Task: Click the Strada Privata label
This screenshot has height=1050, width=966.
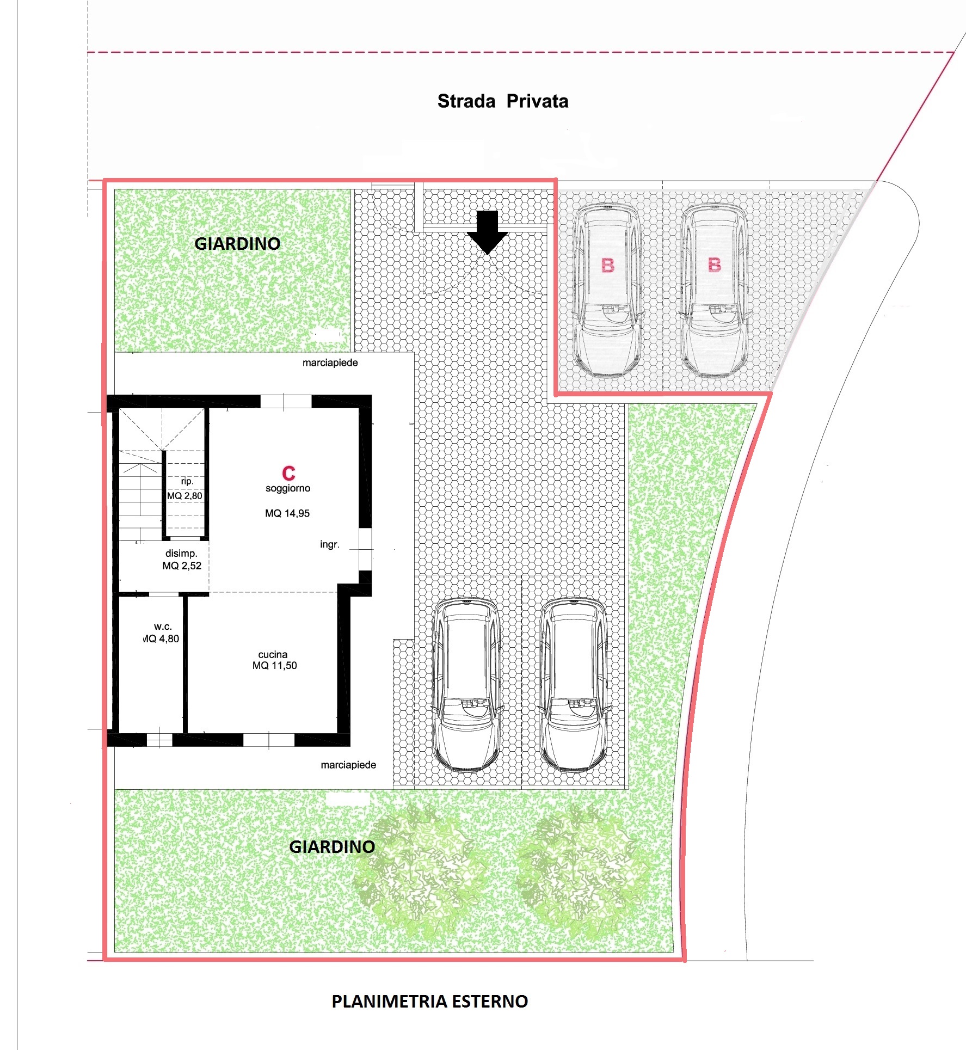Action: pos(503,101)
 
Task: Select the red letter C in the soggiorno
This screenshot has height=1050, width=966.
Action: pos(288,473)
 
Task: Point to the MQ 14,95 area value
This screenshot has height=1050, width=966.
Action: pos(287,513)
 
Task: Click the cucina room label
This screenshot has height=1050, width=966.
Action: pos(273,654)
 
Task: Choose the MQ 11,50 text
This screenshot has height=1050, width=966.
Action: pos(275,666)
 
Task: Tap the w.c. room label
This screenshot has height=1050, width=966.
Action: pos(163,627)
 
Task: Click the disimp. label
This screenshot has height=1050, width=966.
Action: pos(181,554)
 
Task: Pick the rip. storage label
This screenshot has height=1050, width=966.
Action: pos(187,482)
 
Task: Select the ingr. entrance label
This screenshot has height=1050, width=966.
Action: pos(330,544)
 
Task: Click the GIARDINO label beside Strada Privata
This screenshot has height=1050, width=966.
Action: pos(237,244)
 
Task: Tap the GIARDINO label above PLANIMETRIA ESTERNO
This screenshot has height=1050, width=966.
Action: pos(332,847)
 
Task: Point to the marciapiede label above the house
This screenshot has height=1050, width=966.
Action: pos(330,363)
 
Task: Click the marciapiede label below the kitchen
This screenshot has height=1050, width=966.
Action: pos(348,765)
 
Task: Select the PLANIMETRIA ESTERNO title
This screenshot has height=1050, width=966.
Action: pos(430,1002)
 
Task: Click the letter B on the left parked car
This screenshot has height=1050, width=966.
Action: pos(608,266)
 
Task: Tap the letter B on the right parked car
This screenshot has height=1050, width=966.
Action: pos(715,265)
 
